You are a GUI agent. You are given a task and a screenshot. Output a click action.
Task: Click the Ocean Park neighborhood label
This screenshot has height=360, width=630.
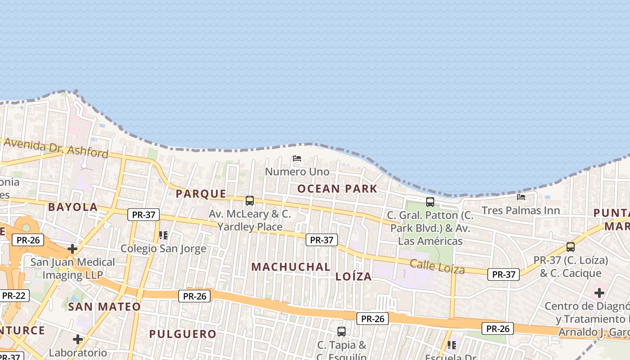[x=337, y=189]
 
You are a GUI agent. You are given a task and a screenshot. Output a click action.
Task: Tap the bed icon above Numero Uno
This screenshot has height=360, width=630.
[x=297, y=158]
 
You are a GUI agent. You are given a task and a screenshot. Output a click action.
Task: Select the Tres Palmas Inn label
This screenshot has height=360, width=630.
[x=521, y=210]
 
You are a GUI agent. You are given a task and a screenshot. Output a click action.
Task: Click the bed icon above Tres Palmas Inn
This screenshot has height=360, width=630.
[x=521, y=197]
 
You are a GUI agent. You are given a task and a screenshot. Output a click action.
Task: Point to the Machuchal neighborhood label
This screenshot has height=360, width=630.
[x=291, y=267]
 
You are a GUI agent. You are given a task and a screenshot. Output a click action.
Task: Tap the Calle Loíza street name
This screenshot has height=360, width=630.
[x=437, y=266]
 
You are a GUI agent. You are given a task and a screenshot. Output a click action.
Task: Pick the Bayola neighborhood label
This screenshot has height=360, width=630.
[x=72, y=207]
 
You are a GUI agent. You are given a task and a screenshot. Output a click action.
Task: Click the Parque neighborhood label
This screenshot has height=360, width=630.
[x=201, y=194]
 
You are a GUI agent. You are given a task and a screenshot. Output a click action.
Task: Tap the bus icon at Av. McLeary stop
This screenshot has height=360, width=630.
[x=250, y=201]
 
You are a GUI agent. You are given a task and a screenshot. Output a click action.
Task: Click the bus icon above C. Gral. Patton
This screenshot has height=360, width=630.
[x=430, y=202]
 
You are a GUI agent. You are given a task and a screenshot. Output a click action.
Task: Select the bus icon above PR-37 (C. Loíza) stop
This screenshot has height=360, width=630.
[x=571, y=247]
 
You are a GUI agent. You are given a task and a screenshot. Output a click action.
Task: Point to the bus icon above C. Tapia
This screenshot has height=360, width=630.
[x=342, y=332]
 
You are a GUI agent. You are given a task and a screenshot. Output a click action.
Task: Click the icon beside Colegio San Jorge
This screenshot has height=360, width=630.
[x=163, y=235]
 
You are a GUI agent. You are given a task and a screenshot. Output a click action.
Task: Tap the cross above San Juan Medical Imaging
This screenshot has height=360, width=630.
[x=72, y=248]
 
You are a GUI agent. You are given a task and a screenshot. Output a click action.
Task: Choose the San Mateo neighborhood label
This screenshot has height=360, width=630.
[x=104, y=307]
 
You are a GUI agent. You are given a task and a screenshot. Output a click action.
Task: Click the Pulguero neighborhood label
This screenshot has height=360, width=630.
[x=183, y=334]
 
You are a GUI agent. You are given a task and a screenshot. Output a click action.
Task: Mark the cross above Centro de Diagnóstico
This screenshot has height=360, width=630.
[x=599, y=293]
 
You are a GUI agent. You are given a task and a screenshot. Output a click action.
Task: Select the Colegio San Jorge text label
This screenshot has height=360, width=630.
[x=163, y=248]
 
